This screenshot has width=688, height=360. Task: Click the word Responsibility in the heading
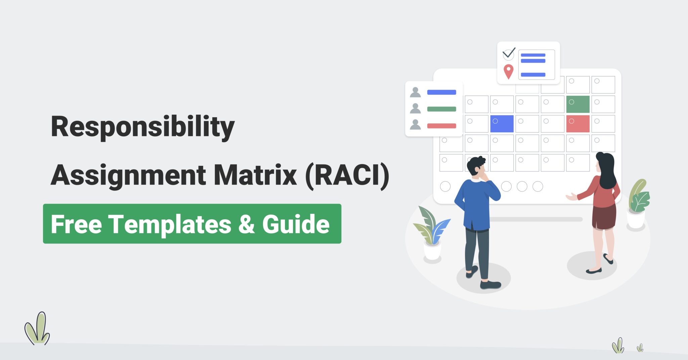(x=142, y=127)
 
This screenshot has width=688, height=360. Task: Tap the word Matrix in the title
(x=255, y=175)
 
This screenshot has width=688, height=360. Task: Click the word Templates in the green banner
(x=170, y=224)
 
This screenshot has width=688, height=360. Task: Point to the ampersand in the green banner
(x=247, y=224)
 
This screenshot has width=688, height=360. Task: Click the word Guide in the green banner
(x=296, y=224)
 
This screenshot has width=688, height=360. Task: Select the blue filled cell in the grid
(x=502, y=124)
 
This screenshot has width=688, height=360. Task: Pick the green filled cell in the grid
(x=578, y=104)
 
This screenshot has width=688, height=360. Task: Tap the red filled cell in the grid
(x=578, y=124)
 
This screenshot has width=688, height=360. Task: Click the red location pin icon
(x=509, y=71)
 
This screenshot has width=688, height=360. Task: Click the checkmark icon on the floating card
(x=509, y=53)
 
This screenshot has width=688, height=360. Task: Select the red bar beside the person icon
(x=441, y=126)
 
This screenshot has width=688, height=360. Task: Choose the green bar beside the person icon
(x=441, y=109)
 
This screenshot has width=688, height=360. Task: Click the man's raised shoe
(x=472, y=271)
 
